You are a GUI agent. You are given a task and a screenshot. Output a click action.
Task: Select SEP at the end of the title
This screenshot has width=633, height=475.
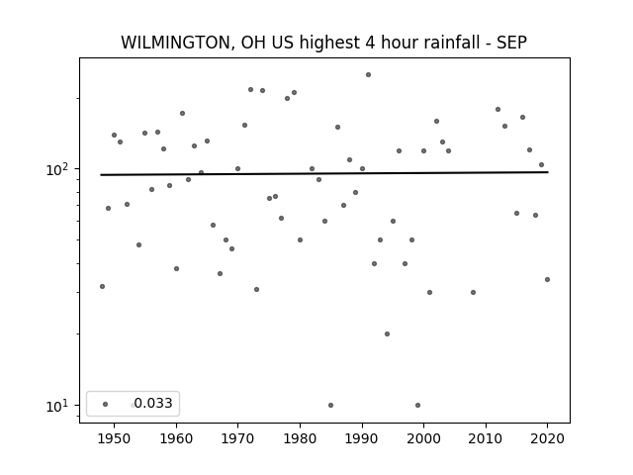click(511, 43)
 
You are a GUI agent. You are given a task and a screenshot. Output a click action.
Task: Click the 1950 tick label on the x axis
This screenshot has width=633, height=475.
click(115, 438)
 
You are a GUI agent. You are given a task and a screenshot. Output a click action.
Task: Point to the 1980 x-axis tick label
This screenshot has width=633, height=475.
click(300, 438)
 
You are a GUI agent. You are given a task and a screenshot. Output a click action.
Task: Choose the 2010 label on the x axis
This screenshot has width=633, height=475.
click(486, 438)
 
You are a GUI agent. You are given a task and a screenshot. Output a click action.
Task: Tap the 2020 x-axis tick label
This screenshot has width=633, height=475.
click(547, 438)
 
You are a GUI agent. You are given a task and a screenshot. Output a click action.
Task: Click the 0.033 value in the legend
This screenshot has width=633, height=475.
click(153, 403)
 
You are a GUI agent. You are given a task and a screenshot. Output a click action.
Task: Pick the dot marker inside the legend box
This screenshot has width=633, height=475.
click(106, 404)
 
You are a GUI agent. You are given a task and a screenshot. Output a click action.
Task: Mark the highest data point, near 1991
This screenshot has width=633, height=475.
click(368, 75)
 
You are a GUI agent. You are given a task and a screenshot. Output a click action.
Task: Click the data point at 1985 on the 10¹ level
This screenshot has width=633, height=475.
click(331, 405)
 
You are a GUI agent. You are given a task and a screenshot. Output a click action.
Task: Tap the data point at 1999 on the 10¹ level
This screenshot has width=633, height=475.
click(417, 405)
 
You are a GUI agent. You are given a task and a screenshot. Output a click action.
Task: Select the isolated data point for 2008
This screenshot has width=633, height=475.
click(473, 293)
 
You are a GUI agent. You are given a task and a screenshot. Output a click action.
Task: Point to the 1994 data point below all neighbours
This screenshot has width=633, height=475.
click(387, 334)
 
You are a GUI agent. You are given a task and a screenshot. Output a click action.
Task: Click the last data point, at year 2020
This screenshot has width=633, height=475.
click(547, 279)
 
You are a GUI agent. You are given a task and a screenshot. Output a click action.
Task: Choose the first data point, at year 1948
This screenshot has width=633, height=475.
click(102, 286)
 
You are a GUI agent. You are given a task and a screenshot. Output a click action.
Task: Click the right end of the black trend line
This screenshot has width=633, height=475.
click(548, 172)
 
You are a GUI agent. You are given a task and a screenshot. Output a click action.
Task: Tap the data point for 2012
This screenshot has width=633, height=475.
click(497, 110)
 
